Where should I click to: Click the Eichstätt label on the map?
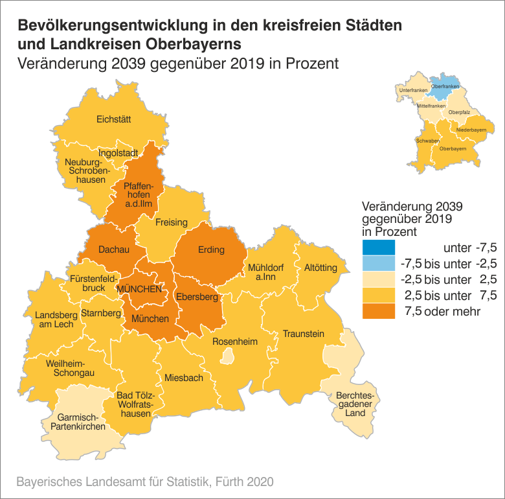(113, 119)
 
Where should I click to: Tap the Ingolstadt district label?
(118, 153)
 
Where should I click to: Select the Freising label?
(172, 222)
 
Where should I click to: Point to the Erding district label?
(211, 250)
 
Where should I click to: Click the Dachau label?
(114, 249)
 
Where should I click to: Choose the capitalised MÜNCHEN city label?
(139, 289)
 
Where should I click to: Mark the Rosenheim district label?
(236, 342)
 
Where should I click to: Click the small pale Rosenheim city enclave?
(227, 355)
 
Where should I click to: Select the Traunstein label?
(302, 334)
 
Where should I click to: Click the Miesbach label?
(184, 378)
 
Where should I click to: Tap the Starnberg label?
(102, 314)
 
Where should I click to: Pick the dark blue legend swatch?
(378, 247)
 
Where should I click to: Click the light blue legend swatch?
(378, 263)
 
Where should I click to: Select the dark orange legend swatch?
(378, 312)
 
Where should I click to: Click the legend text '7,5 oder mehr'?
(442, 312)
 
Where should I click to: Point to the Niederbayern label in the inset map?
(471, 130)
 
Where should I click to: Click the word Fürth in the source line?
(232, 482)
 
